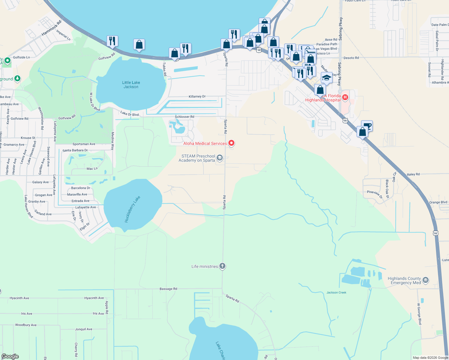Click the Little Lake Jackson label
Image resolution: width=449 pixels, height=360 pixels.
pyautogui.click(x=131, y=85)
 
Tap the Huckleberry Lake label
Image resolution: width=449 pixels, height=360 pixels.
pyautogui.click(x=132, y=209)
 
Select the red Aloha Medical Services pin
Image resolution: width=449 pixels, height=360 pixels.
pyautogui.click(x=231, y=143)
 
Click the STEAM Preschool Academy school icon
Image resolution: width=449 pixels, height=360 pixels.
pyautogui.click(x=220, y=158)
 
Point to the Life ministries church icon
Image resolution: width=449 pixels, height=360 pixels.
pyautogui.click(x=222, y=266)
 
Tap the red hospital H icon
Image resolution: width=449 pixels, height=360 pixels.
pyautogui.click(x=345, y=97)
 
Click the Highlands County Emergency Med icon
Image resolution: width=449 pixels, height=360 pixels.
pyautogui.click(x=425, y=280)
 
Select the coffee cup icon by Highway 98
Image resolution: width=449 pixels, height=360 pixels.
pyautogui.click(x=367, y=125)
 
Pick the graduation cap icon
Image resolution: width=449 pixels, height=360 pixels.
pyautogui.click(x=326, y=78)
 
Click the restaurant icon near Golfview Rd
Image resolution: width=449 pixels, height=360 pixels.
pyautogui.click(x=112, y=41)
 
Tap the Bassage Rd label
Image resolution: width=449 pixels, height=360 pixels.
pyautogui.click(x=168, y=289)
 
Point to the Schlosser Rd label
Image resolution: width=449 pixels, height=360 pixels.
pyautogui.click(x=185, y=117)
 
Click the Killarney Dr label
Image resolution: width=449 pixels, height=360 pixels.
pyautogui.click(x=197, y=97)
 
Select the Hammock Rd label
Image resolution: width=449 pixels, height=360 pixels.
pyautogui.click(x=51, y=28)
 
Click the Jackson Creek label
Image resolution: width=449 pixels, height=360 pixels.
pyautogui.click(x=336, y=292)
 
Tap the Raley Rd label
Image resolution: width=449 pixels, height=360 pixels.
pyautogui.click(x=413, y=174)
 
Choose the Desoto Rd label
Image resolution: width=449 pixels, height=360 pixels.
pyautogui.click(x=351, y=58)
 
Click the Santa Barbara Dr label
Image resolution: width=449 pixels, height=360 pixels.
pyautogui.click(x=75, y=150)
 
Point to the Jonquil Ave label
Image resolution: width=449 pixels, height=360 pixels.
pyautogui.click(x=84, y=329)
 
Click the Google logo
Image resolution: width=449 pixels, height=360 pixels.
pyautogui.click(x=10, y=356)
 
